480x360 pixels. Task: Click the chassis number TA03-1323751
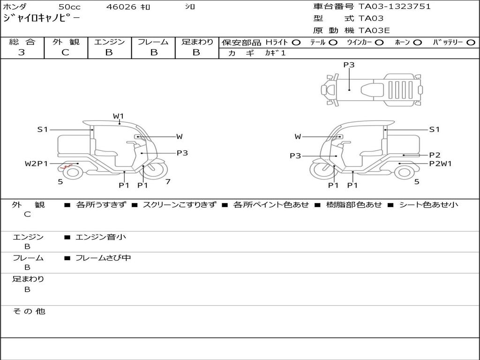point(395,7)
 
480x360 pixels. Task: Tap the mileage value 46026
point(121,7)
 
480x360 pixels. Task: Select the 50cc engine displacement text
point(69,7)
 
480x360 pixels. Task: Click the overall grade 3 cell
point(22,52)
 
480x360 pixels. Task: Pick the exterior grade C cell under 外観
point(66,52)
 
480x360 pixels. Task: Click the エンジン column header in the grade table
point(109,42)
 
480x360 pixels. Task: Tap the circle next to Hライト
point(296,42)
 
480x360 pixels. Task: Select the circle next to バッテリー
point(471,42)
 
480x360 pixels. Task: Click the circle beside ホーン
point(417,42)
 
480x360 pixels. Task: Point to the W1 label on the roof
point(118,116)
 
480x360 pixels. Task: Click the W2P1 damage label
point(36,164)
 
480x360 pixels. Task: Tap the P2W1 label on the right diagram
point(440,164)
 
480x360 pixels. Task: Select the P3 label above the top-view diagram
point(349,65)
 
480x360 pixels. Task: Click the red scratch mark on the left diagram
point(65,167)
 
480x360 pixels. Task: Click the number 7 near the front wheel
point(167,181)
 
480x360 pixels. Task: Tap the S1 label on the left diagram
point(43,129)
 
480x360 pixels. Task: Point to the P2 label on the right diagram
point(435,155)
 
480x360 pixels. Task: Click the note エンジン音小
point(101,237)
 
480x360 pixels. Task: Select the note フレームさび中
point(103,258)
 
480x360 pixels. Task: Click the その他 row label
point(29,311)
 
